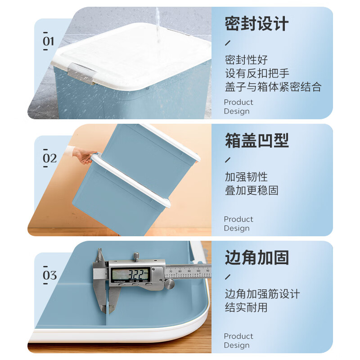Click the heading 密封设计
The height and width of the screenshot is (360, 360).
pyautogui.click(x=256, y=24)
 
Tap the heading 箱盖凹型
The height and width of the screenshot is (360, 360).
pyautogui.click(x=256, y=141)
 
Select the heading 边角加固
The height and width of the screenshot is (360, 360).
pyautogui.click(x=256, y=258)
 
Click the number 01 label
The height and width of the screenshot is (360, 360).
pyautogui.click(x=48, y=41)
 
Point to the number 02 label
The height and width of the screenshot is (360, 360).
pyautogui.click(x=49, y=158)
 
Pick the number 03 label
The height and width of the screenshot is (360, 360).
pyautogui.click(x=49, y=275)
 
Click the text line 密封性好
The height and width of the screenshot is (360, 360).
pyautogui.click(x=246, y=60)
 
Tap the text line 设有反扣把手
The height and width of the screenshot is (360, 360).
pyautogui.click(x=257, y=73)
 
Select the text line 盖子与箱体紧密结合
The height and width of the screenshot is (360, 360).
pyautogui.click(x=273, y=87)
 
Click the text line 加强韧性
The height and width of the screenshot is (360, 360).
pyautogui.click(x=246, y=177)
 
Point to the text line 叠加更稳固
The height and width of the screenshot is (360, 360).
pyautogui.click(x=252, y=190)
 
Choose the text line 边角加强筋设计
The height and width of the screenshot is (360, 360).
pyautogui.click(x=262, y=294)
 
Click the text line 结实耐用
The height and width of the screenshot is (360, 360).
pyautogui.click(x=246, y=307)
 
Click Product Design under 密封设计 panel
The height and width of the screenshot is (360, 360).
pyautogui.click(x=238, y=107)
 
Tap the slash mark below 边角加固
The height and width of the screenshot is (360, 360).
pyautogui.click(x=228, y=277)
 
